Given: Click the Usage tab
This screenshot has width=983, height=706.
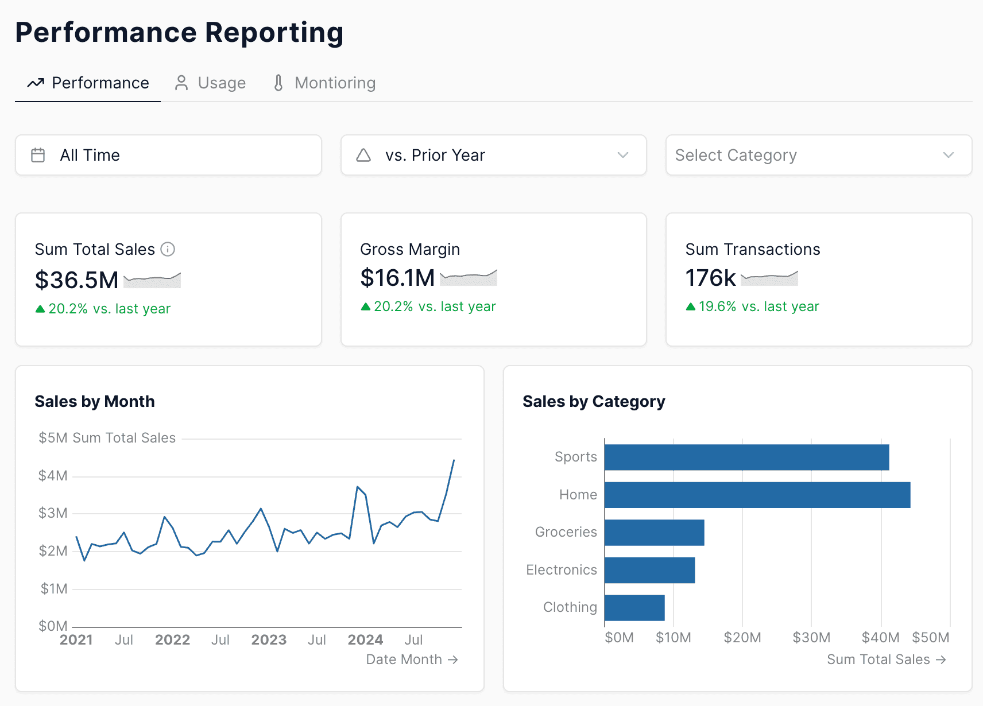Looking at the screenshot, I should point(210,83).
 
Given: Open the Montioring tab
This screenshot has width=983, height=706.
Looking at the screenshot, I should point(324,83).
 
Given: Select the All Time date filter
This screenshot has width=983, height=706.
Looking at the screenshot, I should point(168,155).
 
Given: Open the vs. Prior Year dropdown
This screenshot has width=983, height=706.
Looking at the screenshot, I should point(493,155).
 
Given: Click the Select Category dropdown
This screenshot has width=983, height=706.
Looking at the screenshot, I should point(818,155).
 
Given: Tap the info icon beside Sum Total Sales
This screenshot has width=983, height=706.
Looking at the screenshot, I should point(168,249).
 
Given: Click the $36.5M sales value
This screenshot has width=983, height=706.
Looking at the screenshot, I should point(76,280).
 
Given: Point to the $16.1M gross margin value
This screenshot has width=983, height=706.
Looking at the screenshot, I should point(397,278).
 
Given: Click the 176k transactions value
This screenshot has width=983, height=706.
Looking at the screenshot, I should point(710,278).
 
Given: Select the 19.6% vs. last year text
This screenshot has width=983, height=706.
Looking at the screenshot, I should point(758,307).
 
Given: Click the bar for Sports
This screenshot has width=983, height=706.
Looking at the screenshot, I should point(746,457).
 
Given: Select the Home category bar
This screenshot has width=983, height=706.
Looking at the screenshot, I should point(757,495).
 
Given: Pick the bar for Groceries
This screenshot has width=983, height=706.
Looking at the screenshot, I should point(654,533).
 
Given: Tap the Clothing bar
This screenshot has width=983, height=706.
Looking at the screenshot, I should point(634,608).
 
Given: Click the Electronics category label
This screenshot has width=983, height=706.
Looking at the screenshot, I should point(561,570).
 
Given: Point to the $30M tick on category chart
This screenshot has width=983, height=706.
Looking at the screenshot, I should point(811,638).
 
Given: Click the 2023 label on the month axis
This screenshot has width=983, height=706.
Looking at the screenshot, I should point(269,640).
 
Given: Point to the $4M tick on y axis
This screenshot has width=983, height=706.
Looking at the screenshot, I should point(53,476).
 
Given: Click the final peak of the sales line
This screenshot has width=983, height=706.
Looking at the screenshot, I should point(454,460).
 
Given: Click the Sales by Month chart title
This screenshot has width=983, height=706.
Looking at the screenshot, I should point(95,401).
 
